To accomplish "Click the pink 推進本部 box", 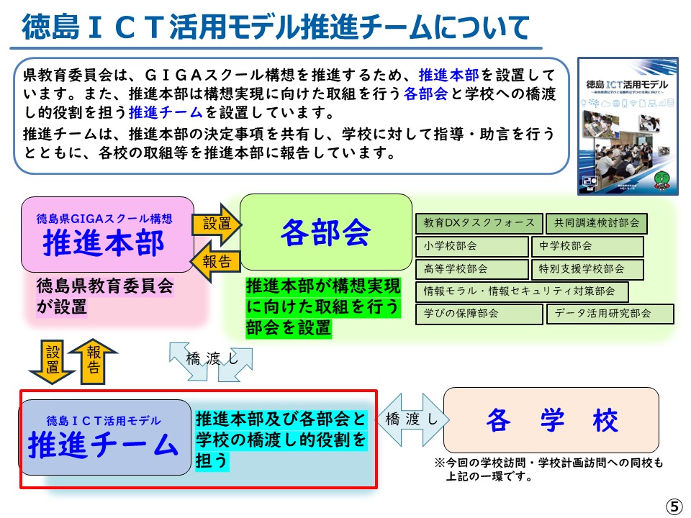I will click(x=107, y=235).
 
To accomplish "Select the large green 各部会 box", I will click(x=325, y=232).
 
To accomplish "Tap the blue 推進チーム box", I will click(x=104, y=437).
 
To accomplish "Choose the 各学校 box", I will click(x=551, y=420).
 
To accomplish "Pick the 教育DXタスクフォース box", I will click(x=479, y=223).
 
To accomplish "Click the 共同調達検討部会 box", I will click(x=596, y=223).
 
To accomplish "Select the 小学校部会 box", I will click(x=471, y=246).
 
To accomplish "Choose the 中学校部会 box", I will click(x=587, y=246).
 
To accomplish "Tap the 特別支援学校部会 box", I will click(x=587, y=269).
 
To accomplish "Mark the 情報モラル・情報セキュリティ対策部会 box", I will click(x=522, y=291).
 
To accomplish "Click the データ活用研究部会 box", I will click(x=611, y=314).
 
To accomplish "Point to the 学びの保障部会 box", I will click(x=479, y=314).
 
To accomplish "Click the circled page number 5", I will click(x=674, y=506).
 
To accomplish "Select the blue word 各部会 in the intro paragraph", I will click(x=426, y=94).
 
